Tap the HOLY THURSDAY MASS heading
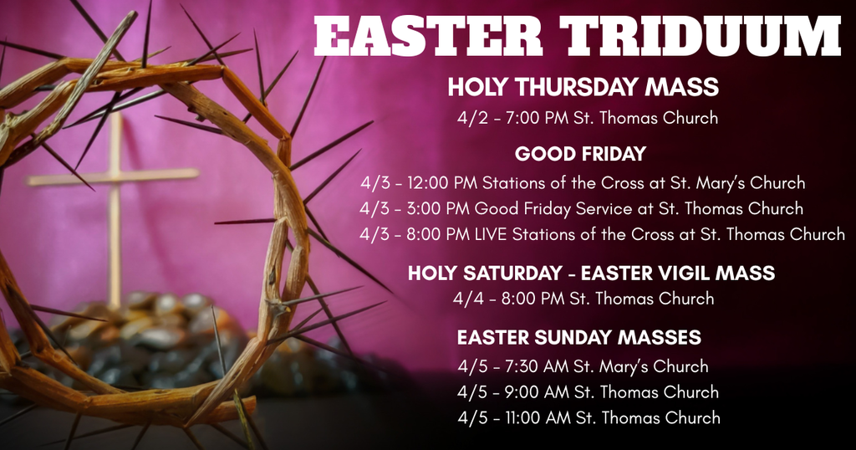(x=583, y=87)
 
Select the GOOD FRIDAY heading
(x=580, y=154)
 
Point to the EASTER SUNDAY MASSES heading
(x=578, y=338)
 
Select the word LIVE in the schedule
(x=492, y=234)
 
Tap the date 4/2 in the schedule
(x=471, y=118)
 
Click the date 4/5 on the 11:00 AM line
(x=472, y=417)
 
